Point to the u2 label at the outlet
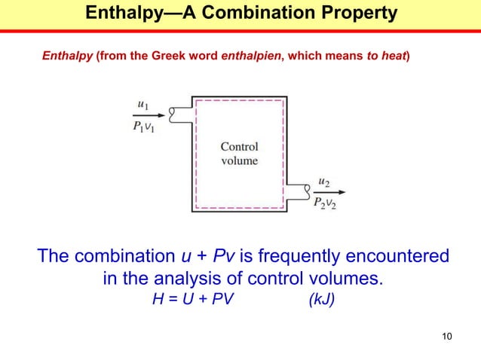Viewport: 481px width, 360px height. (x=324, y=182)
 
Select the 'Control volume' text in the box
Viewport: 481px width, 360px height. (x=239, y=154)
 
